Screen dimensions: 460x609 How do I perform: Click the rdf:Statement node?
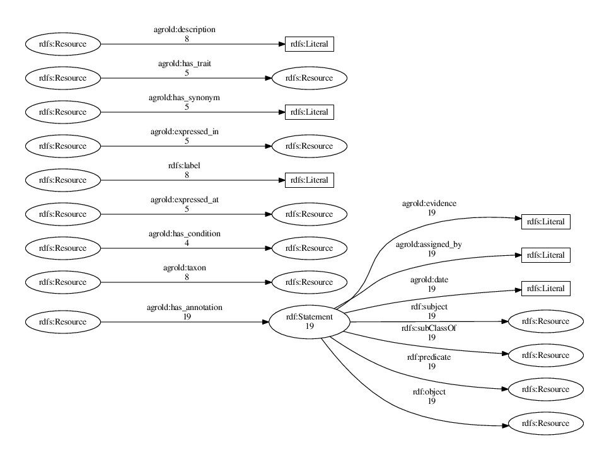pos(309,321)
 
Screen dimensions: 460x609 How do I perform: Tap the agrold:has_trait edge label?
pos(187,64)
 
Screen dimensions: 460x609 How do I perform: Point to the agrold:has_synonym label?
pos(187,98)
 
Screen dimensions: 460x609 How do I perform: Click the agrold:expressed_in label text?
pos(187,132)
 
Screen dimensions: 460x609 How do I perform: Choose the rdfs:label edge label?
pos(187,166)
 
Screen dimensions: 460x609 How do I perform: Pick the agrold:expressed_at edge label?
pos(187,200)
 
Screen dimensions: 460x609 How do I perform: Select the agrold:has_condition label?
pos(187,234)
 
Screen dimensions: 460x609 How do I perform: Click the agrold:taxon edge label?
pos(187,268)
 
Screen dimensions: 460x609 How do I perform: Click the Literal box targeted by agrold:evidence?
pos(545,222)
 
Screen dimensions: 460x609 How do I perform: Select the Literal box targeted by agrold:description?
pos(309,44)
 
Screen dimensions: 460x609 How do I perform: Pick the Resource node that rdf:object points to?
pos(545,423)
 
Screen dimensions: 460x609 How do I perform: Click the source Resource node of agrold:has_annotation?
pos(62,321)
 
